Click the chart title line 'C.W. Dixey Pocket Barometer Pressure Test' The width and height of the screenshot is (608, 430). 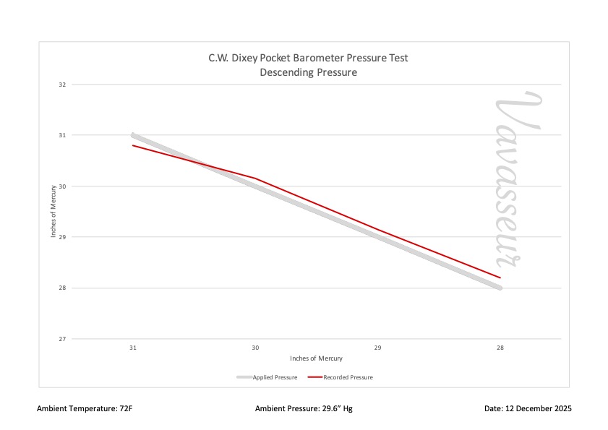pyautogui.click(x=309, y=58)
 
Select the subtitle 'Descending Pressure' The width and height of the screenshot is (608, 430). pyautogui.click(x=309, y=72)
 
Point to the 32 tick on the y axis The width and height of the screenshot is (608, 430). pyautogui.click(x=62, y=85)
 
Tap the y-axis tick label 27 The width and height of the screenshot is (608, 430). pyautogui.click(x=62, y=339)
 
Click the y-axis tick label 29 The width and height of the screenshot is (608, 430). pyautogui.click(x=62, y=237)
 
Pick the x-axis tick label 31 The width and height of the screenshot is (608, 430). pyautogui.click(x=133, y=348)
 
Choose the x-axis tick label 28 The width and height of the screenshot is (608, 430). pyautogui.click(x=500, y=348)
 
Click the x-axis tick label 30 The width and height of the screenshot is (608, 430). pyautogui.click(x=255, y=348)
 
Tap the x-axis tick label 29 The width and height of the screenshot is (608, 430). pyautogui.click(x=377, y=348)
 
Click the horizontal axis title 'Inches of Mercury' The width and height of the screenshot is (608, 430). pyautogui.click(x=316, y=358)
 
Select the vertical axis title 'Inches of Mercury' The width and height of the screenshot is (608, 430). pyautogui.click(x=53, y=212)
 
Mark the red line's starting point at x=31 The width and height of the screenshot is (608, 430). pyautogui.click(x=133, y=145)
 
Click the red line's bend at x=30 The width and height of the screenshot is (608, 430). pyautogui.click(x=255, y=179)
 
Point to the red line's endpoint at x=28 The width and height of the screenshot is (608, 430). pyautogui.click(x=500, y=278)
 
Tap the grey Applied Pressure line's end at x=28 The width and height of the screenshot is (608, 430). pyautogui.click(x=500, y=288)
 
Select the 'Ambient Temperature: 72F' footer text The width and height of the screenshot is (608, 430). pyautogui.click(x=85, y=409)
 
